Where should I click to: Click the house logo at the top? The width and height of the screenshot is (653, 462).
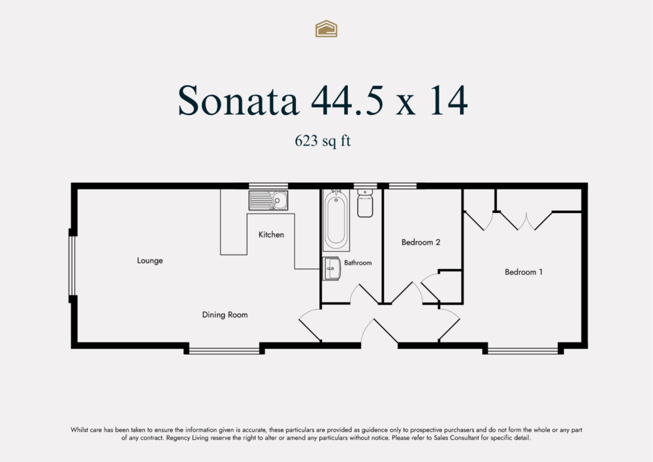tap(326, 28)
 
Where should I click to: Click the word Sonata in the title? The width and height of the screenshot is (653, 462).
tap(239, 101)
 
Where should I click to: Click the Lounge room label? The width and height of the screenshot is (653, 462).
tap(150, 261)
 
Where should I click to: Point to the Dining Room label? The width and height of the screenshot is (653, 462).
tap(224, 315)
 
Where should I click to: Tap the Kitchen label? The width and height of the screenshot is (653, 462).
tap(271, 235)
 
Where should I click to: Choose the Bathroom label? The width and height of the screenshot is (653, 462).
tap(358, 263)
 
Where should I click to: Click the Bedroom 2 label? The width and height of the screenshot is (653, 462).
tap(421, 242)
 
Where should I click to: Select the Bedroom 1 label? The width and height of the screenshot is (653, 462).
tap(524, 272)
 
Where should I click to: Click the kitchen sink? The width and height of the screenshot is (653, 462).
tap(268, 200)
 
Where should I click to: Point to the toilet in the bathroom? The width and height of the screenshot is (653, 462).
tap(365, 202)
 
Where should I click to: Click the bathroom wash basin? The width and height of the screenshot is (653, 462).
tap(332, 268)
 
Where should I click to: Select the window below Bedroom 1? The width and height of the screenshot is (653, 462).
tap(524, 350)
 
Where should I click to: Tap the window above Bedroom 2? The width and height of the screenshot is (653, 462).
tap(403, 186)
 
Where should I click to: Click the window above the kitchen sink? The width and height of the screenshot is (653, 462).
tap(268, 186)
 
